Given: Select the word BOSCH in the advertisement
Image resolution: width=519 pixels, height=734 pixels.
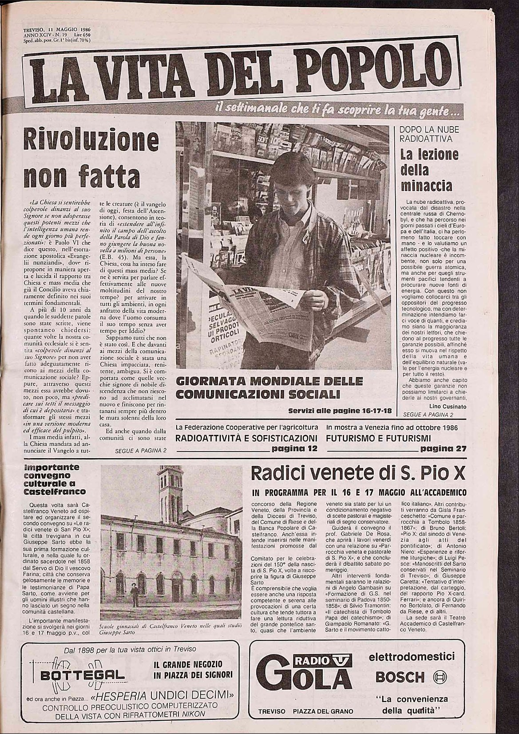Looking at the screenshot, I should coord(400,677).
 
